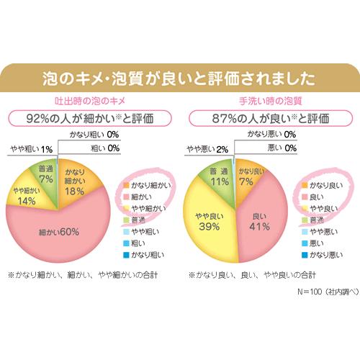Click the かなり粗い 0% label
coord(94,135)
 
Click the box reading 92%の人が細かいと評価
coord(89,117)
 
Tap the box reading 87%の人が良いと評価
coord(271,117)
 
